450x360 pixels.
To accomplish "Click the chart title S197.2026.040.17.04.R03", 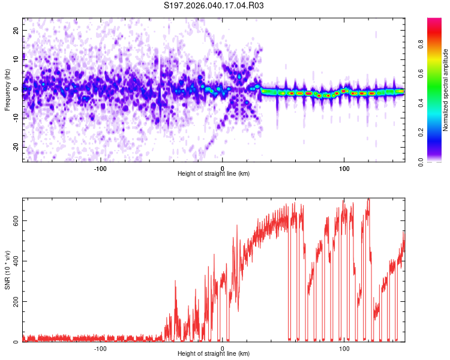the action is (214, 5).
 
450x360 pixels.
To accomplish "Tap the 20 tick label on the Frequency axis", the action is (16, 31).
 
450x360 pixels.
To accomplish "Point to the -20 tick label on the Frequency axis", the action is (16, 147).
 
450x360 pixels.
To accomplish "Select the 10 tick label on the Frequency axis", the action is (16, 59).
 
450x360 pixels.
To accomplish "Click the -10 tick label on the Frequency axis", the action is (16, 118).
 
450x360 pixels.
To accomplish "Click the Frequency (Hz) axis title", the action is (7, 90).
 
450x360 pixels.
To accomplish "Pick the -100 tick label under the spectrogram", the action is (100, 169).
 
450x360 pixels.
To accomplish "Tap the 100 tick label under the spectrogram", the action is (344, 169).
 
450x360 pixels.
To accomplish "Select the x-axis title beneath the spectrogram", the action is (214, 173).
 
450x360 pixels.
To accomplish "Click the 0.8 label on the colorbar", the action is (421, 44).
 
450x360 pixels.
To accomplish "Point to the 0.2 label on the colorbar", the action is (421, 133).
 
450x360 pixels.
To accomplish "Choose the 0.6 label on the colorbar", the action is (421, 73).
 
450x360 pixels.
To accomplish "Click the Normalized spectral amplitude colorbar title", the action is (445, 90).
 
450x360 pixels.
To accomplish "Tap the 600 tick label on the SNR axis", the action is (16, 220).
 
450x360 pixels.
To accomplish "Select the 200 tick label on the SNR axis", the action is (16, 301).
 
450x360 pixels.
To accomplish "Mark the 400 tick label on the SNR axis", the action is (16, 261).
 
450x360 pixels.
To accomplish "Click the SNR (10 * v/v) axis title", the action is (7, 270).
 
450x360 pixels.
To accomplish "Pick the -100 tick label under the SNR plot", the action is (100, 349).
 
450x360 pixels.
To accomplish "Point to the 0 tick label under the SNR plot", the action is (223, 349).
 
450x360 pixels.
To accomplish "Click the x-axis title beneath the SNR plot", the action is (214, 353).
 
